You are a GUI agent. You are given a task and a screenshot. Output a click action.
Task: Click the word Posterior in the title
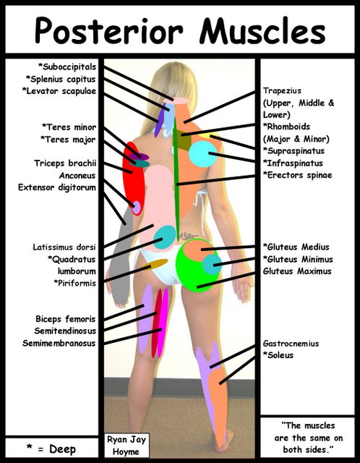pos(109,30)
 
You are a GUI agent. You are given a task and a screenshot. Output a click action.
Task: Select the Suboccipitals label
pos(67,67)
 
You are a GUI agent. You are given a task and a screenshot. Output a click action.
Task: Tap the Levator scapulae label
pos(59,91)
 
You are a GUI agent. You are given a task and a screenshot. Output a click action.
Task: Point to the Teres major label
pos(68,140)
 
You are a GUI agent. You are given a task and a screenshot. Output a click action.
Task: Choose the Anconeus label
pos(77,175)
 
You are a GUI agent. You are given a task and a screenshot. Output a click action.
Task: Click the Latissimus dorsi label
pos(64,247)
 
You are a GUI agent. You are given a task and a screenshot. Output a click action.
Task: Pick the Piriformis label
pos(75,283)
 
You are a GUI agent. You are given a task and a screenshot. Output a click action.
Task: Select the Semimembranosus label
pos(59,343)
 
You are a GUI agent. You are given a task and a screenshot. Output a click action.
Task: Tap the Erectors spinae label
pos(297,175)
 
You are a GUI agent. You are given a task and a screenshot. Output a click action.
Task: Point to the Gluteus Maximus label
pos(297,271)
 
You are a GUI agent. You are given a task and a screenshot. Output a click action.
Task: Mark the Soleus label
pos(278,355)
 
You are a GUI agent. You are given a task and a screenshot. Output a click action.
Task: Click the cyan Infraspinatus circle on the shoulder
pos(203,154)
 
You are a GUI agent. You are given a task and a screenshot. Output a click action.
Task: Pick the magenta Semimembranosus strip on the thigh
pos(163,323)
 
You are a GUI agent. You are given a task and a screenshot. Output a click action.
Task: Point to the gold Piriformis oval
pos(156,263)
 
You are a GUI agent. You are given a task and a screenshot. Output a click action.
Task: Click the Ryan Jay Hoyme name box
pos(127,446)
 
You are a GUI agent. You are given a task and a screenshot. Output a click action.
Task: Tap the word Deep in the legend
pos(63,449)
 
